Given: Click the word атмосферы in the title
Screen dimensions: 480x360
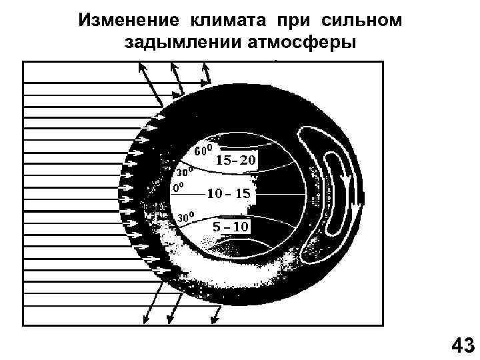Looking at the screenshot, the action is pyautogui.click(x=303, y=43).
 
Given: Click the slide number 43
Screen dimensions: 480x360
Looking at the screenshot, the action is pyautogui.click(x=463, y=345).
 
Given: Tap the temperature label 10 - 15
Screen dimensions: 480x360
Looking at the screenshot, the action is pyautogui.click(x=228, y=194).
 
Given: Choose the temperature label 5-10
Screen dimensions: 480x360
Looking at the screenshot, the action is pyautogui.click(x=231, y=227).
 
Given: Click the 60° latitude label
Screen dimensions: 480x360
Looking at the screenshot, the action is pyautogui.click(x=203, y=149).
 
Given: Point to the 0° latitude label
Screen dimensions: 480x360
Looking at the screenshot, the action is pyautogui.click(x=178, y=188).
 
